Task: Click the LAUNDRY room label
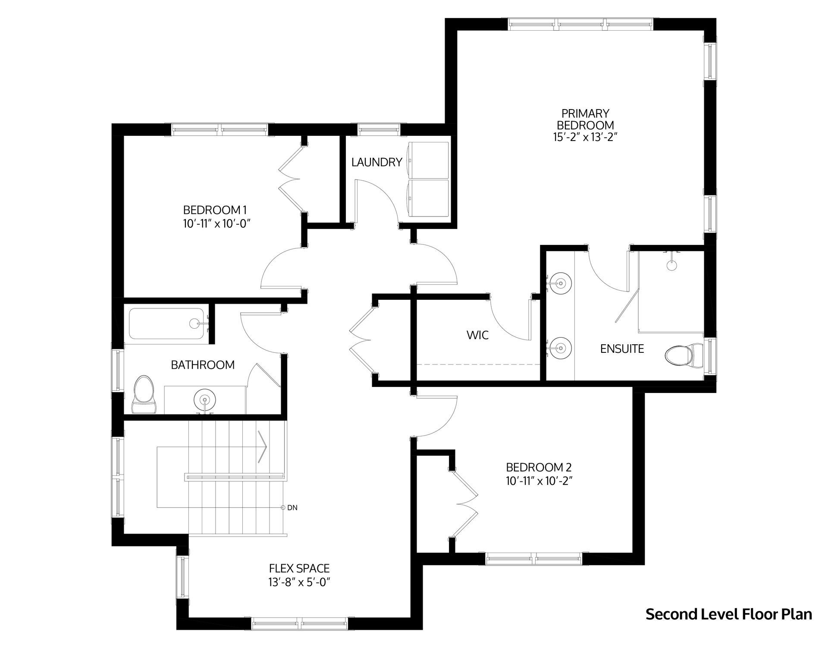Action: point(376,162)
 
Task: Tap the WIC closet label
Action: point(478,335)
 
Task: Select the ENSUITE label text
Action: point(622,349)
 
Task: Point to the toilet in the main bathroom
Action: point(144,395)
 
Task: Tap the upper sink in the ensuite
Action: point(560,283)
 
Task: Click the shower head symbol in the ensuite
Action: point(671,264)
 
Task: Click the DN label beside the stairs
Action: point(292,508)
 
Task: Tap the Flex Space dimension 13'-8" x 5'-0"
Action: point(299,582)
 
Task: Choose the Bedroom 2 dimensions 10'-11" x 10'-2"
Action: point(539,481)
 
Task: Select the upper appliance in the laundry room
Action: point(429,160)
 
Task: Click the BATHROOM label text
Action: point(203,365)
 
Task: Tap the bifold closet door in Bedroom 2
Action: point(465,504)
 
